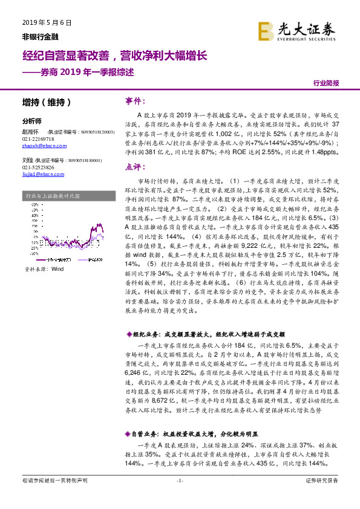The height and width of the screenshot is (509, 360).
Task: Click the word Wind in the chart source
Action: coord(57,268)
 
